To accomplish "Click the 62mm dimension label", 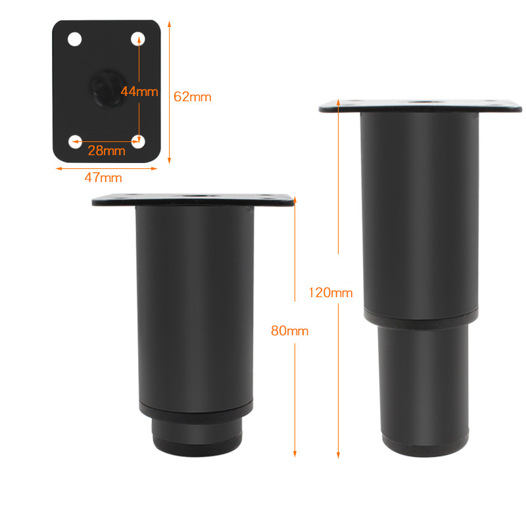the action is tap(193, 97).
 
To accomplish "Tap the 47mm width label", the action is tap(103, 178).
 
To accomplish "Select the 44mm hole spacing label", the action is tap(139, 91).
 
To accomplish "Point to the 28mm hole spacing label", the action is tap(107, 151).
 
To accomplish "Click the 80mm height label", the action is tap(290, 331).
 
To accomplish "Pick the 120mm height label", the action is tap(331, 293).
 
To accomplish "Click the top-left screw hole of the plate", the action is tap(74, 39).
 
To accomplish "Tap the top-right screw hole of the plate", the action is tap(138, 39).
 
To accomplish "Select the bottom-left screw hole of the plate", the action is tap(75, 141).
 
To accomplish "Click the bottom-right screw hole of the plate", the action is tap(138, 141).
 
